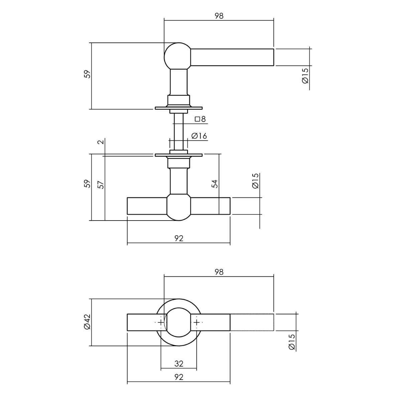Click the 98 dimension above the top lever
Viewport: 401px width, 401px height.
[219, 16]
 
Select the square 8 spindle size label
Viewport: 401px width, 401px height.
[200, 119]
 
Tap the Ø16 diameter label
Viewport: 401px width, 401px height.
[199, 136]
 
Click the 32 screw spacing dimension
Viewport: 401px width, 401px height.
[179, 364]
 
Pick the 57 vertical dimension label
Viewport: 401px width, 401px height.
[101, 184]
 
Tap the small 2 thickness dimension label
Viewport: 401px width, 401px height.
[101, 142]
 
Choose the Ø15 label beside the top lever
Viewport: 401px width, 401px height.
[305, 76]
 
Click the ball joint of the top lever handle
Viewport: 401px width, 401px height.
[177, 56]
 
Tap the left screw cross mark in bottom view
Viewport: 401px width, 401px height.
[161, 322]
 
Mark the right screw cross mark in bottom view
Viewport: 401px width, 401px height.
[196, 322]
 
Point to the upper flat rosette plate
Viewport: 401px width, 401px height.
[178, 108]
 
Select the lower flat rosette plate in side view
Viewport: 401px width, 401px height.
[178, 155]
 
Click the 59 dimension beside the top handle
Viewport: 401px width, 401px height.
[88, 74]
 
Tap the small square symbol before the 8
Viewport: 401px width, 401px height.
[197, 119]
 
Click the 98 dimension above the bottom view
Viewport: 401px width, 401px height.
[219, 272]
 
